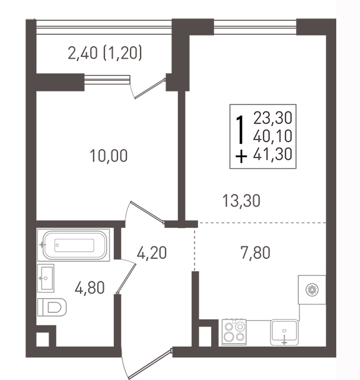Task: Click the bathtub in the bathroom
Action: pyautogui.click(x=74, y=245)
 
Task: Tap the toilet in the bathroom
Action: pyautogui.click(x=52, y=307)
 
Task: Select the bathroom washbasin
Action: pyautogui.click(x=46, y=278)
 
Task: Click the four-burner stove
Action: pyautogui.click(x=234, y=332)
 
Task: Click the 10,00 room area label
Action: pyautogui.click(x=109, y=156)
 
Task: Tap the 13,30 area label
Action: pyautogui.click(x=241, y=201)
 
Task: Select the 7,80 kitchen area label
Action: pyautogui.click(x=256, y=252)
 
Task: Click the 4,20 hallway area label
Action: pyautogui.click(x=152, y=252)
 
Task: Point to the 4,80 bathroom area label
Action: pyautogui.click(x=90, y=287)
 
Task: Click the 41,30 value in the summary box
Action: pyautogui.click(x=273, y=154)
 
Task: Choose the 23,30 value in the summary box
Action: pyautogui.click(x=273, y=118)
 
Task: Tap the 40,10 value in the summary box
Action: pyautogui.click(x=273, y=136)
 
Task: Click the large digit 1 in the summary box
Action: pyautogui.click(x=240, y=129)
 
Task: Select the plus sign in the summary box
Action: pyautogui.click(x=241, y=156)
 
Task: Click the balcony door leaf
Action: pyautogui.click(x=150, y=88)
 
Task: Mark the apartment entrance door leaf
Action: pyautogui.click(x=151, y=363)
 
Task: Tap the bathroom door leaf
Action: pyautogui.click(x=126, y=278)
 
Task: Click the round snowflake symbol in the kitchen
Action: pyautogui.click(x=312, y=290)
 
